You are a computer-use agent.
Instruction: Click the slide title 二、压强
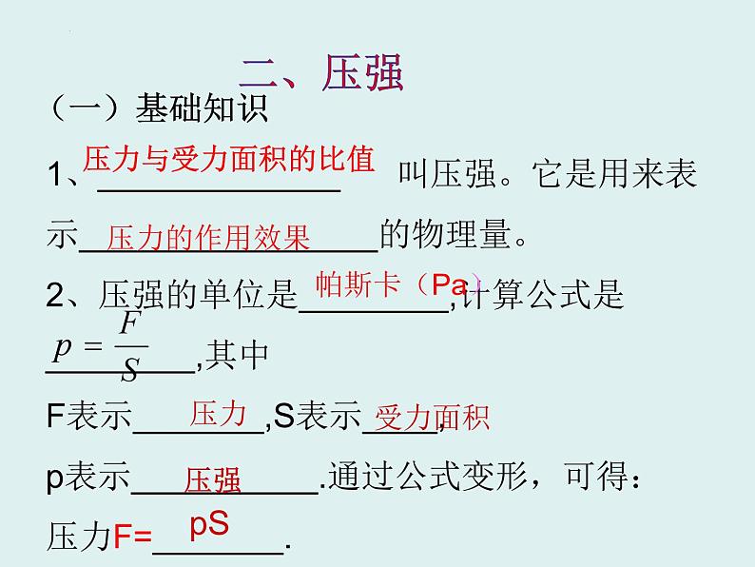[x=321, y=72]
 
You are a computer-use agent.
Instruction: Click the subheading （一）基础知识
[x=158, y=109]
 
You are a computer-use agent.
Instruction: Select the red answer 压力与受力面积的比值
[x=229, y=160]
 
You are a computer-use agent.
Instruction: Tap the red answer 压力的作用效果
[x=208, y=238]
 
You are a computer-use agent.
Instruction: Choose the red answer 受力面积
[x=433, y=417]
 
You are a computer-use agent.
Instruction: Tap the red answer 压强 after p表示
[x=213, y=479]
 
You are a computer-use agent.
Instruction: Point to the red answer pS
[x=209, y=525]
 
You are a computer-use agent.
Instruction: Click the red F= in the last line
[x=133, y=538]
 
